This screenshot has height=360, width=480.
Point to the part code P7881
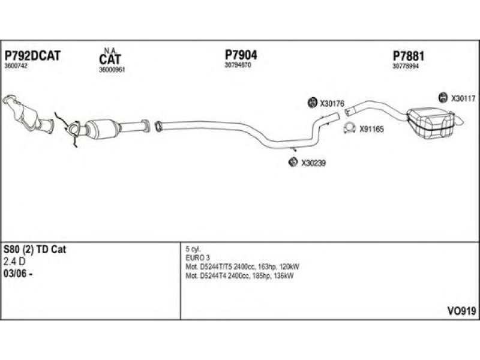pos(409,56)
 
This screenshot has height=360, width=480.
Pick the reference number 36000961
pos(112,69)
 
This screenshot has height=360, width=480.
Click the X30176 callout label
pos(332,103)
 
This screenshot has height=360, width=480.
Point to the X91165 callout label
pos(371,128)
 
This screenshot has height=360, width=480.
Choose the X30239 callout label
pos(313,162)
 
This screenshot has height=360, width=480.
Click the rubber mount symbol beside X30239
pos(293,161)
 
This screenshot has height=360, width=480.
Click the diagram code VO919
pos(461,311)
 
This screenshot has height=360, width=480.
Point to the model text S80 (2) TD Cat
pos(35,250)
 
